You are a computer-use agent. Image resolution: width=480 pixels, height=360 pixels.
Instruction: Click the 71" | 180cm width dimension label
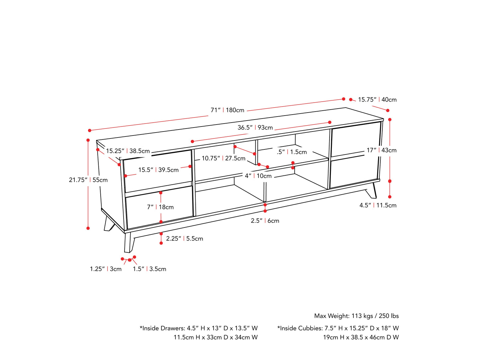click(x=228, y=110)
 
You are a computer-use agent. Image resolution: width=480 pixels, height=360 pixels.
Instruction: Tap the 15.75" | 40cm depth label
click(x=377, y=100)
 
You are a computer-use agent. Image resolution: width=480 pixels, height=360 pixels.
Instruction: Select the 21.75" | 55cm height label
click(x=88, y=180)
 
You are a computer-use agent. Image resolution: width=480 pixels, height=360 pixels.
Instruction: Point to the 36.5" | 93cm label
click(x=255, y=128)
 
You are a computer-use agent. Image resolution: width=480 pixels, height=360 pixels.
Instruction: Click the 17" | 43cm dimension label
click(x=381, y=150)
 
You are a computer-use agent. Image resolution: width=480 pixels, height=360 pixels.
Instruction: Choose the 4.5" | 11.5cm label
click(x=378, y=205)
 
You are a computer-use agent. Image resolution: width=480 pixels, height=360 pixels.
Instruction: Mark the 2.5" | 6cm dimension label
click(x=265, y=221)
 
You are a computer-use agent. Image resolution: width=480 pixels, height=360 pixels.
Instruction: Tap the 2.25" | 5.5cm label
click(x=184, y=238)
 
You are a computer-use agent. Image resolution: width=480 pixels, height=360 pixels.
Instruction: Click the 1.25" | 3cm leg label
click(x=106, y=269)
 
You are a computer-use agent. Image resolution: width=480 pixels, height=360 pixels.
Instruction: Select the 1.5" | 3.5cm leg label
click(x=149, y=269)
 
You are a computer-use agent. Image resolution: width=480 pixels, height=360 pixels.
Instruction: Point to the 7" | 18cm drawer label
click(x=160, y=207)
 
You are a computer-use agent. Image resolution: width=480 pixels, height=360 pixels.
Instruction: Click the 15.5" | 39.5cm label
click(x=158, y=170)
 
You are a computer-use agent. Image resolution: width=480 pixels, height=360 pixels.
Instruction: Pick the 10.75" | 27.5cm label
click(x=224, y=158)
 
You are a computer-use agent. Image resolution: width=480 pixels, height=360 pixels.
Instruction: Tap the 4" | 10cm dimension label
click(x=258, y=176)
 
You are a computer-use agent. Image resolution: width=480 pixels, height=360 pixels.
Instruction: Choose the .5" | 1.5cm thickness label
click(x=292, y=152)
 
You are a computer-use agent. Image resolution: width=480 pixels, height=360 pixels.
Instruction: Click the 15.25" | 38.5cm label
click(x=128, y=151)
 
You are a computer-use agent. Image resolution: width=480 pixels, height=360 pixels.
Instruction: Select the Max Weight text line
click(x=356, y=316)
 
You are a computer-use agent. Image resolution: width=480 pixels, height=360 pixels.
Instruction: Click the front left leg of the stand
click(x=129, y=243)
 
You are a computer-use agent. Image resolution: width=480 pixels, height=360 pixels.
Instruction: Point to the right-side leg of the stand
click(x=372, y=191)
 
